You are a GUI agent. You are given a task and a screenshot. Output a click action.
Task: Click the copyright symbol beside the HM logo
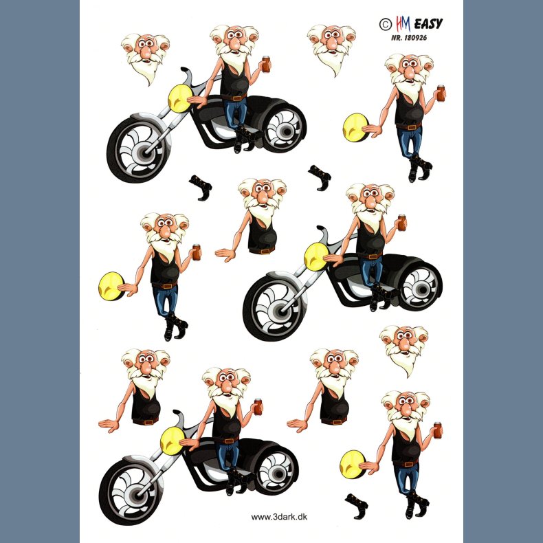click(x=385, y=24)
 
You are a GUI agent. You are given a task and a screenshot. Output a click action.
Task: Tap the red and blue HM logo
click(x=403, y=24)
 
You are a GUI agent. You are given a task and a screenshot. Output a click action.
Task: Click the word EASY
click(x=428, y=24)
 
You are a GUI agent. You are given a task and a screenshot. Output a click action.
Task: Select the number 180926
click(x=414, y=37)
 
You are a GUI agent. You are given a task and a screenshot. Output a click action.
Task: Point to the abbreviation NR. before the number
click(x=396, y=37)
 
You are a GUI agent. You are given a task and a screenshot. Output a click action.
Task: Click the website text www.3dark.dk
click(x=279, y=517)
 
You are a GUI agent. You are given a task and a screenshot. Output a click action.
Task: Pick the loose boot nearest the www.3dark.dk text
click(x=356, y=506)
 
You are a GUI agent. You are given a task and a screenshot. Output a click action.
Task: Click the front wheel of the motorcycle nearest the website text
click(x=131, y=491)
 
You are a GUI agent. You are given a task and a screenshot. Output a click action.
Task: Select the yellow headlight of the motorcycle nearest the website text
click(x=172, y=441)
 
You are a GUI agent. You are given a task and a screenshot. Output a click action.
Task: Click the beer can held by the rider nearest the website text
click(x=258, y=407)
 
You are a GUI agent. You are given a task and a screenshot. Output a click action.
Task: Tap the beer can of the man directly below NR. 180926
click(x=441, y=93)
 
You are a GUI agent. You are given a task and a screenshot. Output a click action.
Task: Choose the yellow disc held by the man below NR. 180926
click(x=355, y=127)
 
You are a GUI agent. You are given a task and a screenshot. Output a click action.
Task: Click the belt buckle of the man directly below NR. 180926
click(x=412, y=127)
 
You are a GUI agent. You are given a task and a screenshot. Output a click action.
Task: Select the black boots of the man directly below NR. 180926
click(x=420, y=168)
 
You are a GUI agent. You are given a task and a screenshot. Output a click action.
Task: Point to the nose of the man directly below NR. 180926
click(x=410, y=72)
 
